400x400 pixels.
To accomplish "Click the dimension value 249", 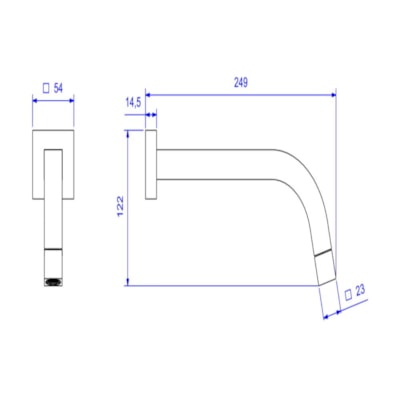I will pos(241,82).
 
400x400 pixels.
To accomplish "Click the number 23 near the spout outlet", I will pos(360,294).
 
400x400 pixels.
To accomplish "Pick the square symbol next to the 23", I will pos(346,294).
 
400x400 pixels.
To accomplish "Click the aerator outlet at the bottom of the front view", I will pos(52,283).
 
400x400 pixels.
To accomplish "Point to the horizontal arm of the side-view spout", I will pos(220,159).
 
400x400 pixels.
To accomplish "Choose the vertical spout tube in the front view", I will pos(53,220).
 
